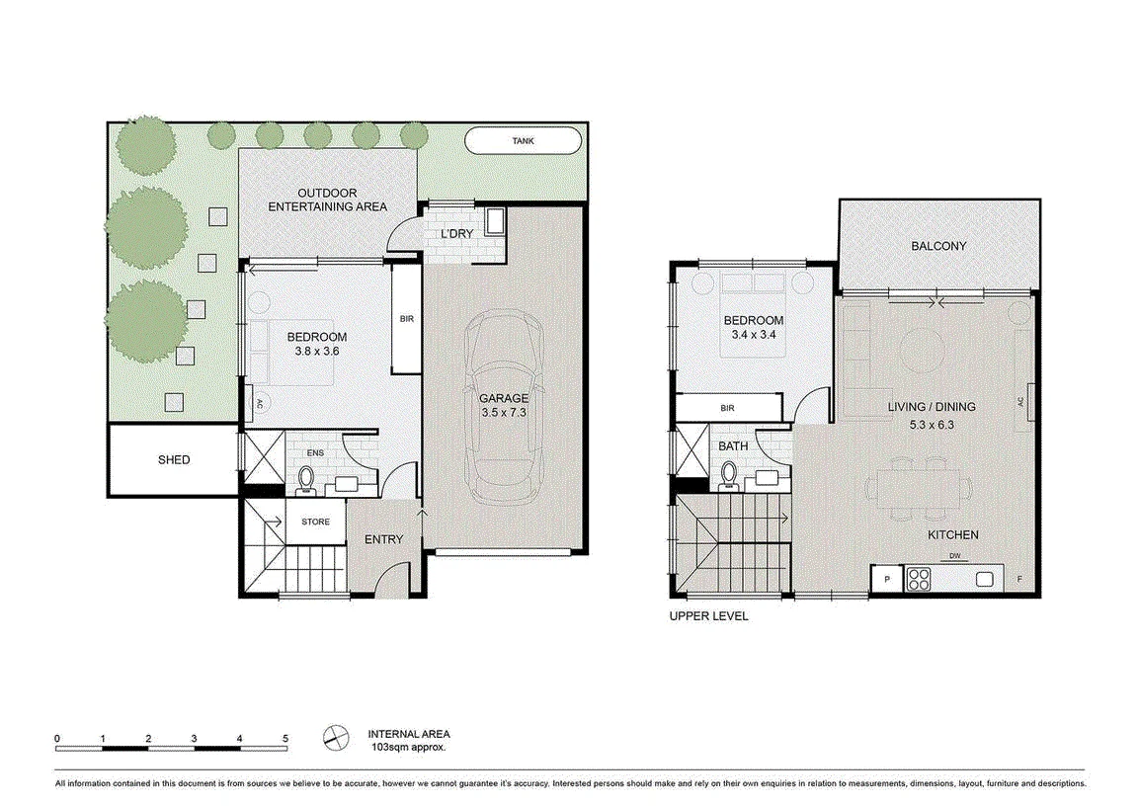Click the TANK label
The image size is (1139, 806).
[x=523, y=141]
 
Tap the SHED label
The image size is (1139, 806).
[x=174, y=459]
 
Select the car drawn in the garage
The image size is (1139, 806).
[x=504, y=407]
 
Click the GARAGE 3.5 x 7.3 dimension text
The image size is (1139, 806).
[x=504, y=413]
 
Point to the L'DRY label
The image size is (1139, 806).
[x=457, y=234]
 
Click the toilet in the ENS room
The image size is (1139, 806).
[x=306, y=481]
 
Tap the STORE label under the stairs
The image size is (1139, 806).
[x=315, y=522]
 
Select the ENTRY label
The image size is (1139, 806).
[x=383, y=539]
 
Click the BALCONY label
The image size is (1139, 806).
[x=938, y=246]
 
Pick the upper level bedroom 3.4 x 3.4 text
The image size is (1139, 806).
[x=754, y=335]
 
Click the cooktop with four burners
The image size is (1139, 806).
[x=919, y=580]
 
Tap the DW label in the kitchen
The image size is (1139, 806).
[x=954, y=557]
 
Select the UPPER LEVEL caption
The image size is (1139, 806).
[x=708, y=616]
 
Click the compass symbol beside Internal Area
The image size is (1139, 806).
[x=336, y=738]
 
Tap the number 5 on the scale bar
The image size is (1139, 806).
[x=285, y=739]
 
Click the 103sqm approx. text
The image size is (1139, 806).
[x=408, y=747]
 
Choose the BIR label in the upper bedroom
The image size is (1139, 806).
[x=727, y=408]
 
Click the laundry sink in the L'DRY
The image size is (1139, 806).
[x=496, y=220]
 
